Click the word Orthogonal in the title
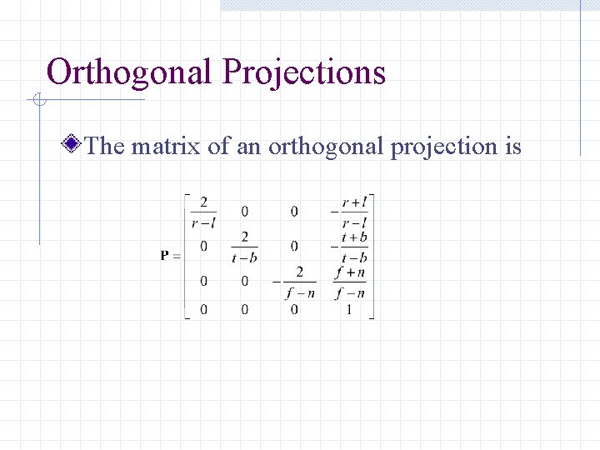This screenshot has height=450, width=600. (x=130, y=73)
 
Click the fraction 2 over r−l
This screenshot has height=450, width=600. (x=203, y=212)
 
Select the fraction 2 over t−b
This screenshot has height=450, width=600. (x=244, y=247)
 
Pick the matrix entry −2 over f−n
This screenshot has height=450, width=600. (x=296, y=282)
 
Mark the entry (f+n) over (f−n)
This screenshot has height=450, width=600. (x=350, y=282)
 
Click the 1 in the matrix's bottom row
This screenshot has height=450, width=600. (x=349, y=310)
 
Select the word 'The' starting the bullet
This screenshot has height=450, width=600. (x=104, y=147)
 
